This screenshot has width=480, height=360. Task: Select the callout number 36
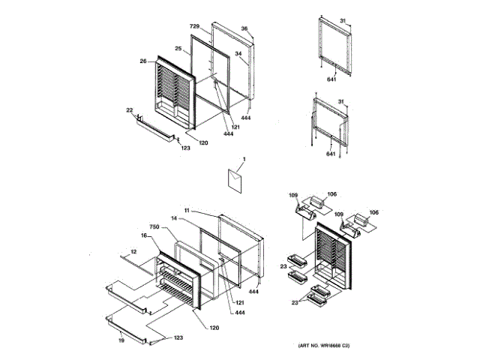coord(244,28)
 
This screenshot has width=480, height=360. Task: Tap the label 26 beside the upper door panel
coord(142,61)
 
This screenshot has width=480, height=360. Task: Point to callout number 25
coord(178,49)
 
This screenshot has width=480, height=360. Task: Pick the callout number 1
coord(244,160)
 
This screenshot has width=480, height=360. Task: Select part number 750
coord(154,226)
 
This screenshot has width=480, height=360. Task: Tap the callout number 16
coord(143,235)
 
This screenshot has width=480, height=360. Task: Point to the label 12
coord(133,251)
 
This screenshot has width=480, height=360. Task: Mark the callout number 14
coord(173,219)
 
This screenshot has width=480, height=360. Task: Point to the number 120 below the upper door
coord(203,142)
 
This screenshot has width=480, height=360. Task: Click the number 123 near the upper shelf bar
coord(185,148)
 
